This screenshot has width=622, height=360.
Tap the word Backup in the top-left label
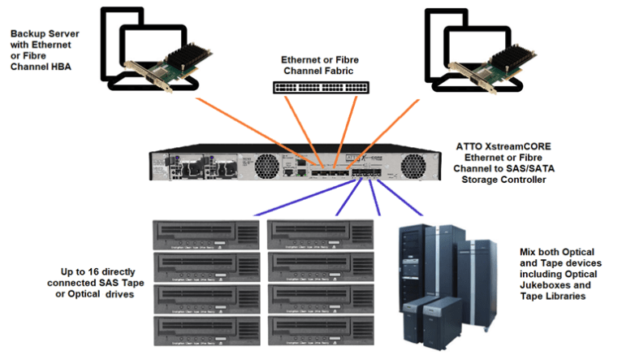click(28, 34)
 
